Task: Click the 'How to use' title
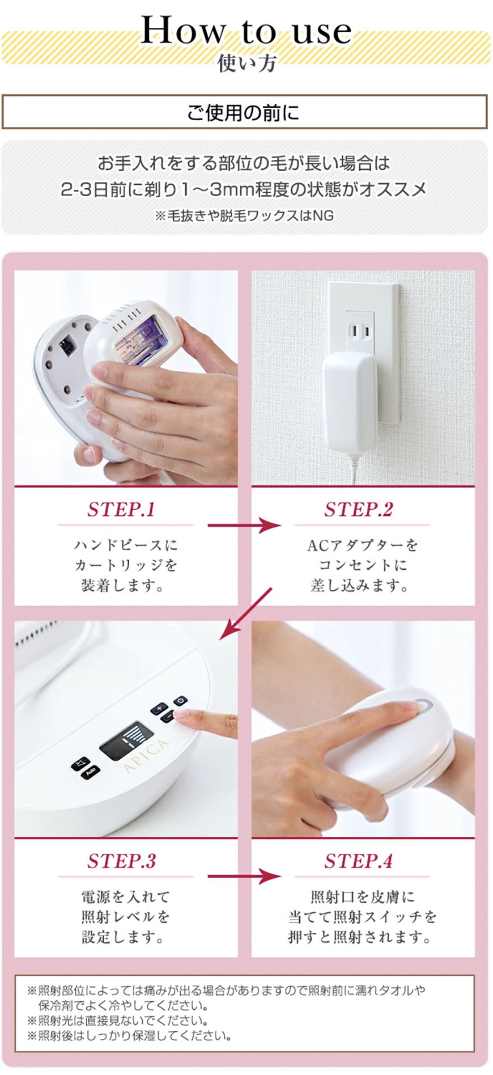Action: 246,31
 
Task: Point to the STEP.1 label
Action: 121,509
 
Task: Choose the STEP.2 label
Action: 358,509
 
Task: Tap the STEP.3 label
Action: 121,861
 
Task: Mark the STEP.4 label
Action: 358,861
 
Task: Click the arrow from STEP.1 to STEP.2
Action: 244,525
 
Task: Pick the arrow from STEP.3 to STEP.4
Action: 244,877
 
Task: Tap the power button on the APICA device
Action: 180,701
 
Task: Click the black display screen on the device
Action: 126,739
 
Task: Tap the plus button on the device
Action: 159,709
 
